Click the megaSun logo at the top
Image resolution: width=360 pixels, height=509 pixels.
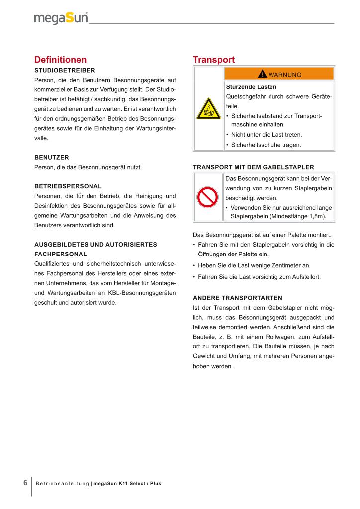[61, 18]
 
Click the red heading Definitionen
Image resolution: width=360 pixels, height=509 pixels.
[60, 60]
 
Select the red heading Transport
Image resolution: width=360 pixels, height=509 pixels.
[214, 60]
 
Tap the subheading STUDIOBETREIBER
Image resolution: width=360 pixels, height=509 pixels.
[65, 70]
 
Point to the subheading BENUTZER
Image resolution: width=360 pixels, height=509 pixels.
[51, 157]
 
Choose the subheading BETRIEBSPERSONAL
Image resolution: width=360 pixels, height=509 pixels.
[68, 186]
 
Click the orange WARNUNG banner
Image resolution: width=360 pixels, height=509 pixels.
[279, 74]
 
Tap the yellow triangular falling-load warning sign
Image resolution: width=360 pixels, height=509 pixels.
[208, 108]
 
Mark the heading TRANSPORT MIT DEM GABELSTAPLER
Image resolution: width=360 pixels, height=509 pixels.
[253, 167]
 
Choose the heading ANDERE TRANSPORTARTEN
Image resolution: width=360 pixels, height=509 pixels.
[237, 298]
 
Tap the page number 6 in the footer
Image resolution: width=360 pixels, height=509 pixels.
[25, 483]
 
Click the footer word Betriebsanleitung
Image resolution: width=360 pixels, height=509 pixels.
[63, 484]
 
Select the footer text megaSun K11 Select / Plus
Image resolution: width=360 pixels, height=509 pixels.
[128, 484]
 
